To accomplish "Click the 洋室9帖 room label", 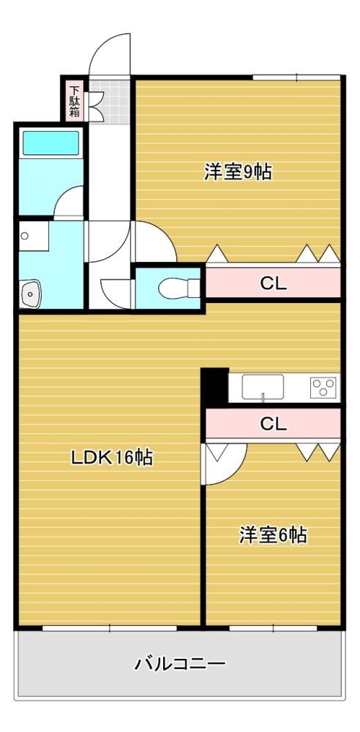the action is click(238, 172).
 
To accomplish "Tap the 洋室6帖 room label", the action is click(273, 534).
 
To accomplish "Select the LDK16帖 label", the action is click(112, 457).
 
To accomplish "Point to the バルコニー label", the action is click(180, 663).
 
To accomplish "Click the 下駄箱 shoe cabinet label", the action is click(75, 101).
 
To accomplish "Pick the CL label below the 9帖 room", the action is click(273, 283).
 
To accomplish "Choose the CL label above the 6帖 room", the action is click(273, 424).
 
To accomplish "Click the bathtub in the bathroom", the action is click(51, 143).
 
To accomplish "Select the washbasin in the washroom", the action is click(30, 294).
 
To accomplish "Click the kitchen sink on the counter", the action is click(263, 386).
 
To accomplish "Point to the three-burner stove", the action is click(323, 387).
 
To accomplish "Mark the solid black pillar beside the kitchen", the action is click(215, 386).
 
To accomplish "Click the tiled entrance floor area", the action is click(109, 102).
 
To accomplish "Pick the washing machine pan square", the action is click(34, 236).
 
